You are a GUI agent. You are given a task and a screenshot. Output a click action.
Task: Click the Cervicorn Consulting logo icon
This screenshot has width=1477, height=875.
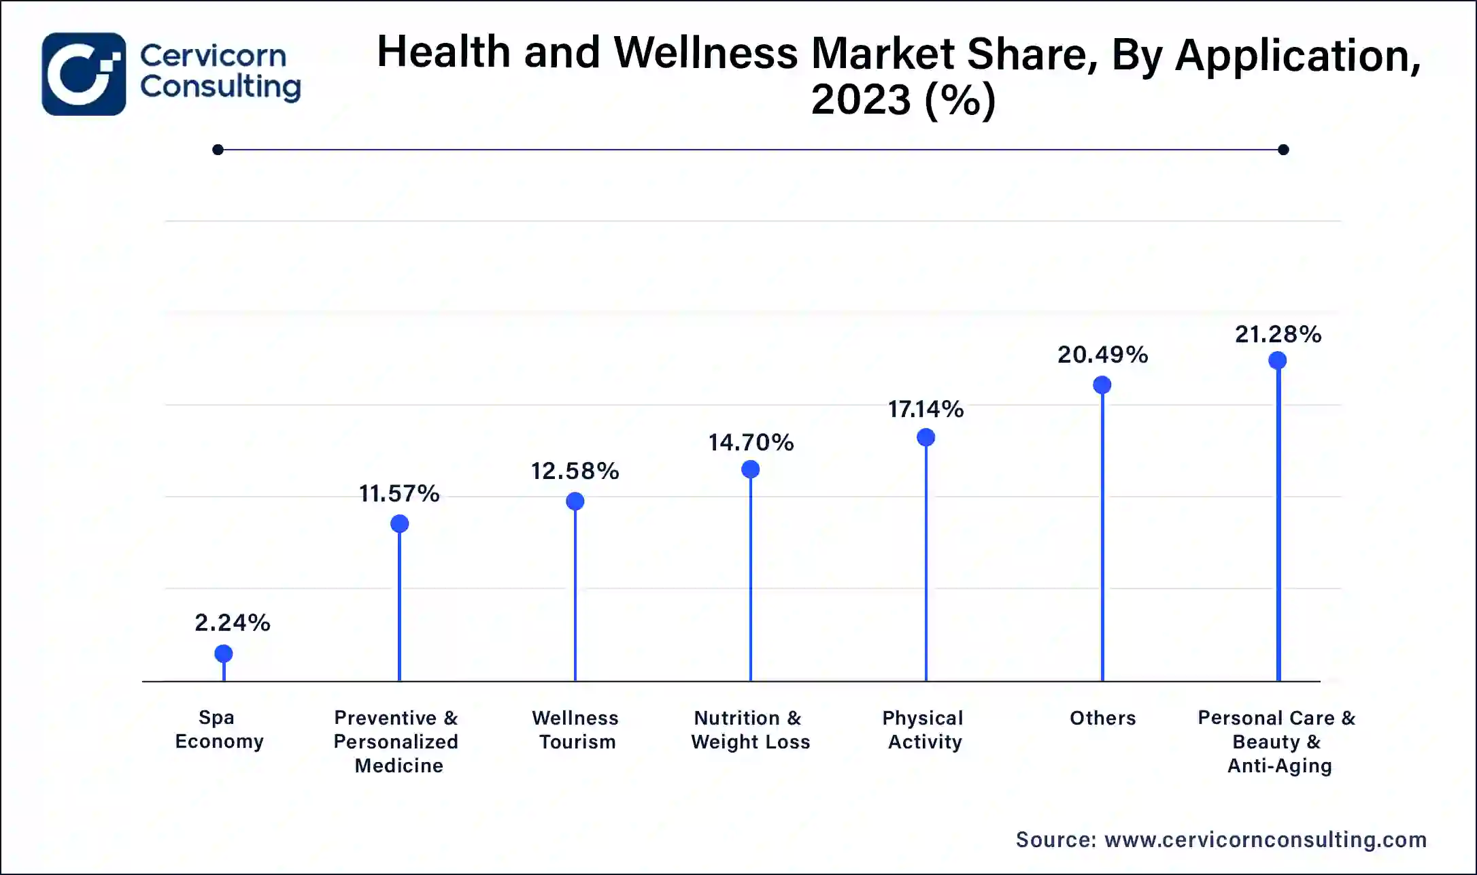[x=84, y=74]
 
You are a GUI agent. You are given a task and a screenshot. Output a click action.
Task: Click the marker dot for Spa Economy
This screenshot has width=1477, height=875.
[x=224, y=654]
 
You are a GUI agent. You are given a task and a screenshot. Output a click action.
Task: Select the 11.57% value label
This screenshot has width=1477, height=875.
[x=399, y=493]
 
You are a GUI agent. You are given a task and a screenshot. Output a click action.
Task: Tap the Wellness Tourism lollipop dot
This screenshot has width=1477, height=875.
[x=575, y=501]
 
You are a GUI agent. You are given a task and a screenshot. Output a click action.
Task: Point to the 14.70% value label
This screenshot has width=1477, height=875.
[x=751, y=443]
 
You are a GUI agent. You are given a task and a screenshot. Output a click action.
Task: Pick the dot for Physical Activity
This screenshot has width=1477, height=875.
[x=926, y=438]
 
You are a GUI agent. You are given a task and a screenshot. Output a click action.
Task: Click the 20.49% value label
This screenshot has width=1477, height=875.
[x=1102, y=354]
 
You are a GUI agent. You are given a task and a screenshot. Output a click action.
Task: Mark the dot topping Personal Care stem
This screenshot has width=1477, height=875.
[x=1278, y=361]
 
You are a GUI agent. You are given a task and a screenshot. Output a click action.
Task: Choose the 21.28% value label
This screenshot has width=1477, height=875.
[x=1278, y=334]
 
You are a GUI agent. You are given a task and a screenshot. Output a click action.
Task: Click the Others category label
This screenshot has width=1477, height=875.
[x=1102, y=718]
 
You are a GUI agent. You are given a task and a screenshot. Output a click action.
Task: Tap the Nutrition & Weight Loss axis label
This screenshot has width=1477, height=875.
[x=750, y=729]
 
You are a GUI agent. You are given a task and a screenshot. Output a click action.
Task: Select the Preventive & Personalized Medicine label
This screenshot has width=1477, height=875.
[x=396, y=742]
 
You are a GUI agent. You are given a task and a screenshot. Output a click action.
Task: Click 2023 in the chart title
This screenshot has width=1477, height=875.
[x=861, y=99]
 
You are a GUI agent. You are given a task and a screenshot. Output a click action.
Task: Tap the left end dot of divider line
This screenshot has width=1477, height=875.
[x=218, y=150]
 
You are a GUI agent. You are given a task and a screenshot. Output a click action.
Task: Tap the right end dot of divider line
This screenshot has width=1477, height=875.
[x=1283, y=150]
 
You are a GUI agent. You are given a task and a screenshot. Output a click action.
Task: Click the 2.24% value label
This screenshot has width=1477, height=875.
[x=232, y=623]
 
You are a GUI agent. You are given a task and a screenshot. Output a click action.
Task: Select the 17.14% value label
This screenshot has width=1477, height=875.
[x=926, y=409]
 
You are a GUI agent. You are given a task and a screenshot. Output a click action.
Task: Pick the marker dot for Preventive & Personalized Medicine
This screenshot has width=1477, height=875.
[x=400, y=524]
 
